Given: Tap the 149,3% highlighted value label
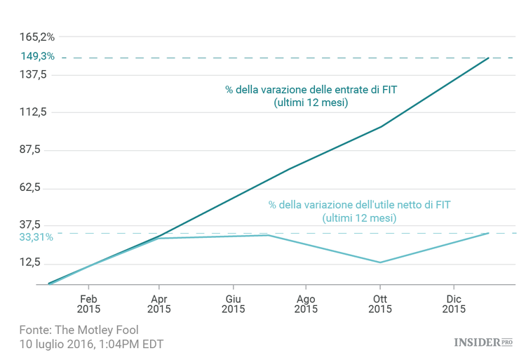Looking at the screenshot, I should coord(37,56).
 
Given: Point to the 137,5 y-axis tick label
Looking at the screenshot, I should coord(34,74).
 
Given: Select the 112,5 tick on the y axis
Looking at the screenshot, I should coord(34,112).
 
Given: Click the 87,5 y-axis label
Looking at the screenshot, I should coord(34,150).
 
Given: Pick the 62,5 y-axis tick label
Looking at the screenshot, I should coord(34,188).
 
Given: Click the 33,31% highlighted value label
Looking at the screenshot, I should coord(36,237).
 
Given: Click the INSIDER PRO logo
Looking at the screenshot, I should coord(483,342).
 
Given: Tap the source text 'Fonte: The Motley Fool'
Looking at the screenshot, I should coord(79,330).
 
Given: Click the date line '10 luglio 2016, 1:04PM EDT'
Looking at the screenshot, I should coord(91,345).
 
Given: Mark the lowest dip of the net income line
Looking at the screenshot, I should coord(380,262).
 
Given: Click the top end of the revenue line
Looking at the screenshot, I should coord(489,58).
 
